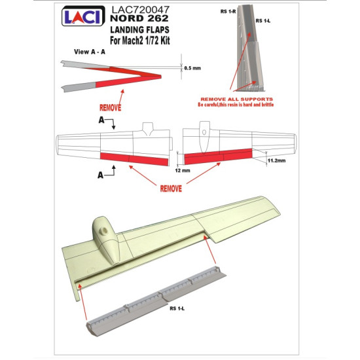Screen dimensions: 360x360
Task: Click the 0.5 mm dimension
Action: pos(192,67)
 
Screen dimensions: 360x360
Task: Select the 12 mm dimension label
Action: pos(182,169)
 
